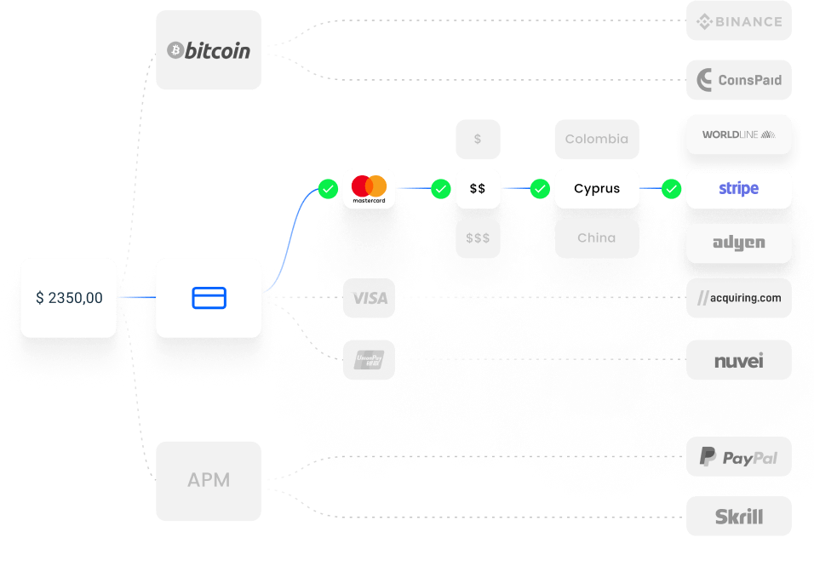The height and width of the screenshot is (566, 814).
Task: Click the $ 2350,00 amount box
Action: pyautogui.click(x=69, y=298)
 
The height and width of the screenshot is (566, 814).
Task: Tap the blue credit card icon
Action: pyautogui.click(x=209, y=298)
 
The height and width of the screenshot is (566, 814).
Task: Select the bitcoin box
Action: pyautogui.click(x=209, y=50)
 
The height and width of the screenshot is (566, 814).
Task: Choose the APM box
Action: pyautogui.click(x=209, y=480)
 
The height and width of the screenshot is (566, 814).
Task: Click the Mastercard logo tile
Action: pyautogui.click(x=369, y=188)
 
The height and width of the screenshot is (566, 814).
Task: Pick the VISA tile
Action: pyautogui.click(x=369, y=298)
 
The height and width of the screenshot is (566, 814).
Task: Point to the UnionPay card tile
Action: pyautogui.click(x=369, y=360)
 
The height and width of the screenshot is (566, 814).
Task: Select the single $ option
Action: pyautogui.click(x=478, y=139)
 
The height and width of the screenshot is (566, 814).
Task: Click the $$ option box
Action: pyautogui.click(x=478, y=188)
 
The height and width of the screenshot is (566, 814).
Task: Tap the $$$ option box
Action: pyautogui.click(x=478, y=238)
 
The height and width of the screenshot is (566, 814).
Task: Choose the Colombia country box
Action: pyautogui.click(x=597, y=139)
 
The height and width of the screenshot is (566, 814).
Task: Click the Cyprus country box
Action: pyautogui.click(x=597, y=188)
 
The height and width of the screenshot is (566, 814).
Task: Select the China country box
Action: pyautogui.click(x=597, y=238)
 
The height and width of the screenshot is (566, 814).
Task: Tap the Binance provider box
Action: pyautogui.click(x=739, y=22)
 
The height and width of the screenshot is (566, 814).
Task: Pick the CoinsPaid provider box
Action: pyautogui.click(x=739, y=80)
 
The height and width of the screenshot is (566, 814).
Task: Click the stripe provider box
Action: pyautogui.click(x=739, y=188)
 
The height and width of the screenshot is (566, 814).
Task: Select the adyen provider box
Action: pyautogui.click(x=739, y=243)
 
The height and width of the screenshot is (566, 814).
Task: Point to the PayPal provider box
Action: pyautogui.click(x=739, y=458)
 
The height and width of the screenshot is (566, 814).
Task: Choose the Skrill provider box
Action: pyautogui.click(x=739, y=517)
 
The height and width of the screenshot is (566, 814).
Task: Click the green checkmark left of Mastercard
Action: pyautogui.click(x=328, y=188)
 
